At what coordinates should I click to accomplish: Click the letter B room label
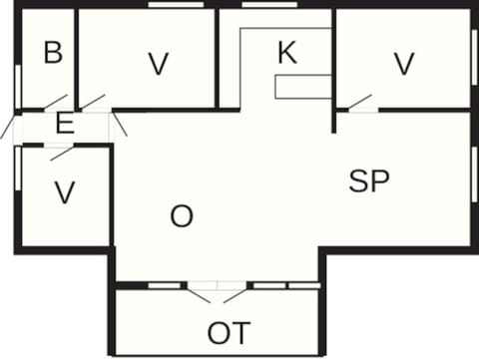[x=53, y=53]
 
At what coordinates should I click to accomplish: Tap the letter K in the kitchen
[x=286, y=53]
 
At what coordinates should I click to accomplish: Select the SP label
[x=368, y=180]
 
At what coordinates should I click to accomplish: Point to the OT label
[x=229, y=332]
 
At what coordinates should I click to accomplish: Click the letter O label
[x=181, y=216]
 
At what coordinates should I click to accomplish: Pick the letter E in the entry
[x=65, y=125]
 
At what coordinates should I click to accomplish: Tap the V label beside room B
[x=157, y=64]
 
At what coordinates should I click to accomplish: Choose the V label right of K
[x=403, y=64]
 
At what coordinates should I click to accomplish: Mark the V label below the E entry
[x=65, y=192]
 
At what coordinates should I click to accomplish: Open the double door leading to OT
[x=218, y=291]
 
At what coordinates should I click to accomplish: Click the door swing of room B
[x=55, y=103]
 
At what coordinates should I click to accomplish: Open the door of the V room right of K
[x=357, y=103]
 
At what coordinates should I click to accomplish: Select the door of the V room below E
[x=62, y=153]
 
